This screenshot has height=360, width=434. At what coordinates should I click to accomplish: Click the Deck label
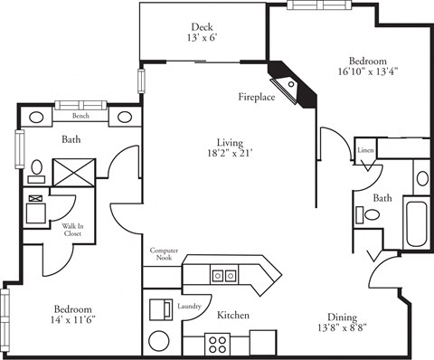pyautogui.click(x=203, y=26)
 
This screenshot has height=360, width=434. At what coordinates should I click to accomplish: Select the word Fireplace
pyautogui.click(x=256, y=96)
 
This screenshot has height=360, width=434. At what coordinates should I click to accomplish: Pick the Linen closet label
pyautogui.click(x=365, y=150)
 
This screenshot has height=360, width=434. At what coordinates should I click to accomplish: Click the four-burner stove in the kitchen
pyautogui.click(x=218, y=343)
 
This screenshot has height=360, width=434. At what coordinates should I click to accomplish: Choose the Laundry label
pyautogui.click(x=190, y=307)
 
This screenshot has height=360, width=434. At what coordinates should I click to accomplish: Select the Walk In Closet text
pyautogui.click(x=73, y=230)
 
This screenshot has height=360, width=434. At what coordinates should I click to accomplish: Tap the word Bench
pyautogui.click(x=80, y=117)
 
